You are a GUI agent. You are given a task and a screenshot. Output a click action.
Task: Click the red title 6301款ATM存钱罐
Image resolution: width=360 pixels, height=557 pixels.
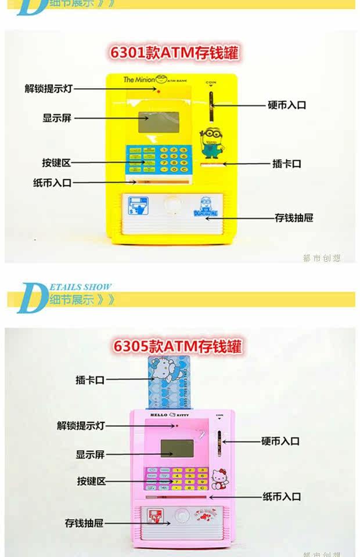174,53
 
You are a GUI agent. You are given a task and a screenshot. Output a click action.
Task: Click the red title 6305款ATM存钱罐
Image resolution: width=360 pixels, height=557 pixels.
177,346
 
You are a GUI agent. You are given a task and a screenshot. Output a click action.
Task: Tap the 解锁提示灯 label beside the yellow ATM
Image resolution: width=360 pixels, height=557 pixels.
49,89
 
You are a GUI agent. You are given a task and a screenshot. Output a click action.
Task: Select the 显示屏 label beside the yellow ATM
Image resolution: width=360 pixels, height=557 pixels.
57,118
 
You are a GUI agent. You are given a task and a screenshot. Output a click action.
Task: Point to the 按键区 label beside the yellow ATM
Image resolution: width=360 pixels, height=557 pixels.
56,163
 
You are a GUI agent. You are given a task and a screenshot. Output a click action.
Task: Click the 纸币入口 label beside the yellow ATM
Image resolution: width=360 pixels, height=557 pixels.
52,183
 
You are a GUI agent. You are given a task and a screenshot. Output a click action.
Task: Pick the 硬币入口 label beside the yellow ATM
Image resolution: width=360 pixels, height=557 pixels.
287,105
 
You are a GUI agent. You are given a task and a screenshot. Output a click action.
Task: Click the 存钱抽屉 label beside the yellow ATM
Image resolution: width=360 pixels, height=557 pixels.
294,218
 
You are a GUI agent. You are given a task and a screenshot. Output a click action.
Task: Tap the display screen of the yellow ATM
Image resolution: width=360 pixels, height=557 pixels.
159,122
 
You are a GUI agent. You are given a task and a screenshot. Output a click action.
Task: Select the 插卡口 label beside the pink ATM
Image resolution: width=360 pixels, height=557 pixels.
89,380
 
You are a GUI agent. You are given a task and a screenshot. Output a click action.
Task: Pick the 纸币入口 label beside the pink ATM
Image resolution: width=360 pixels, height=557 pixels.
282,497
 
